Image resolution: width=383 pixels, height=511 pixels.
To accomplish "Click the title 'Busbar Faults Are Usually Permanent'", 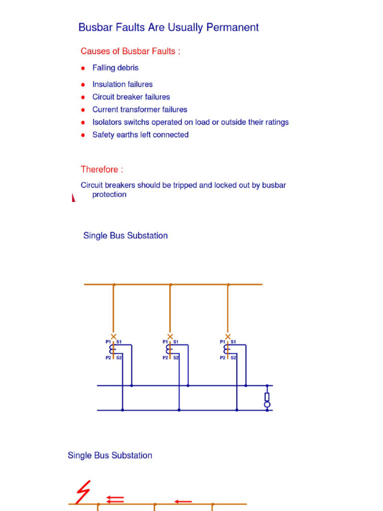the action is pyautogui.click(x=169, y=27).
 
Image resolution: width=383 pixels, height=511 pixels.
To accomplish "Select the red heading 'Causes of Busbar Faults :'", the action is pyautogui.click(x=130, y=51).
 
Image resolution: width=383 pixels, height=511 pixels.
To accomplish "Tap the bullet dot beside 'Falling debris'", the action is pyautogui.click(x=83, y=68).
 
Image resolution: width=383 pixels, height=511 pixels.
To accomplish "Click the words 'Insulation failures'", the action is pyautogui.click(x=122, y=84).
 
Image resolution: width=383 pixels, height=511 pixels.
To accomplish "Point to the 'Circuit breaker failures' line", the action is pyautogui.click(x=131, y=97).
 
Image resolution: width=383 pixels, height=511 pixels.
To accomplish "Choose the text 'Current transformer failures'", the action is pyautogui.click(x=140, y=109).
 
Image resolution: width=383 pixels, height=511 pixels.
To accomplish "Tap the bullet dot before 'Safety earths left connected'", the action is pyautogui.click(x=83, y=135).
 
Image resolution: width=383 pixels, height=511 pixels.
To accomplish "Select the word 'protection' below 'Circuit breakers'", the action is pyautogui.click(x=109, y=195).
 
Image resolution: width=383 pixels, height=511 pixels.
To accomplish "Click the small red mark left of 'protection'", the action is pyautogui.click(x=74, y=198).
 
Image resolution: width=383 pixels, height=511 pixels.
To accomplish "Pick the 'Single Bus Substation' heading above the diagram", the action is pyautogui.click(x=125, y=236).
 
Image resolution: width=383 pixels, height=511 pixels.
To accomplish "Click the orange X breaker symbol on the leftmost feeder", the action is pyautogui.click(x=114, y=337).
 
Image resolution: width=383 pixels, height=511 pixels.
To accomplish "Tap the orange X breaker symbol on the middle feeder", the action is pyautogui.click(x=170, y=337).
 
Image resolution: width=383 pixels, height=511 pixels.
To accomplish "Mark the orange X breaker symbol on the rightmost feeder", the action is pyautogui.click(x=228, y=337).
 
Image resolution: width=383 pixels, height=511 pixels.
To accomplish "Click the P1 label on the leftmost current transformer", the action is pyautogui.click(x=108, y=342).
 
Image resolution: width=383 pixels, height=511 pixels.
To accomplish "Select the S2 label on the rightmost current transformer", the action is pyautogui.click(x=233, y=357).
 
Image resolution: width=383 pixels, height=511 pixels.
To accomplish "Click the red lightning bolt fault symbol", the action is pyautogui.click(x=83, y=493).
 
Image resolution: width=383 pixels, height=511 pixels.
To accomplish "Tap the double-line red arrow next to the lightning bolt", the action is pyautogui.click(x=116, y=499).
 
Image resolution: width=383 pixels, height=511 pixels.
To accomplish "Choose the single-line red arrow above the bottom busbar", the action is pyautogui.click(x=183, y=501).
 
